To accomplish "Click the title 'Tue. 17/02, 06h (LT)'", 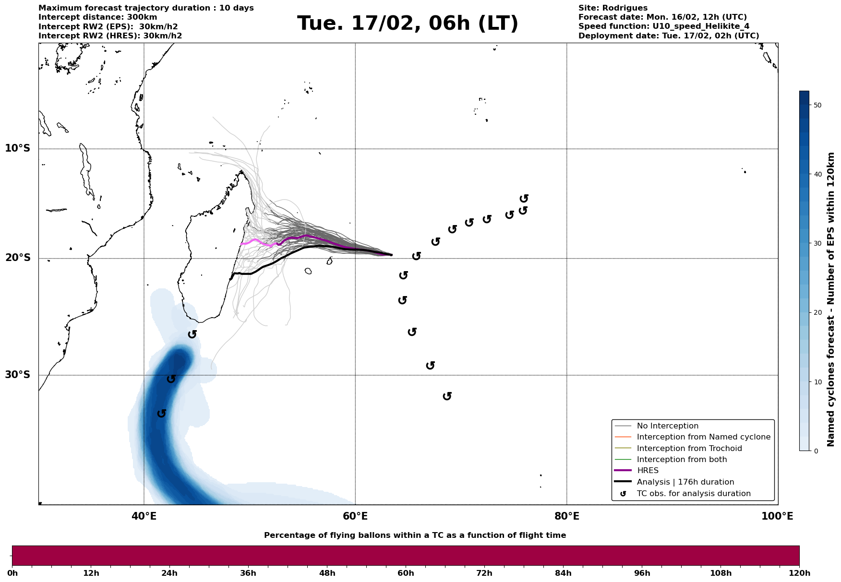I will click(408, 24).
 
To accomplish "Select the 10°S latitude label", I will click(18, 148).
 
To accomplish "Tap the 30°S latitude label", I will click(18, 375).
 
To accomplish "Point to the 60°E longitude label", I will click(355, 516).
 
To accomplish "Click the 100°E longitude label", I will click(777, 516).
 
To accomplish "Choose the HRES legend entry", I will click(648, 471).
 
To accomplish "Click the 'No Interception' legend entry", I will click(667, 426).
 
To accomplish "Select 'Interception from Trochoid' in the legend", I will click(689, 449).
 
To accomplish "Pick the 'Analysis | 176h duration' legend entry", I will click(685, 482).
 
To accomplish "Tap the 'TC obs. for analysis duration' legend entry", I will click(693, 494).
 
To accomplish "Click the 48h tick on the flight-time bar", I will click(327, 573).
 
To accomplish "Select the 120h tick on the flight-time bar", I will click(799, 573).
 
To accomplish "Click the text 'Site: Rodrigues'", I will click(613, 8).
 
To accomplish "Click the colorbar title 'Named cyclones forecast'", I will click(831, 299).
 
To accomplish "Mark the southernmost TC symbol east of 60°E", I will click(447, 396).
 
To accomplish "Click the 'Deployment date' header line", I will click(668, 36).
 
